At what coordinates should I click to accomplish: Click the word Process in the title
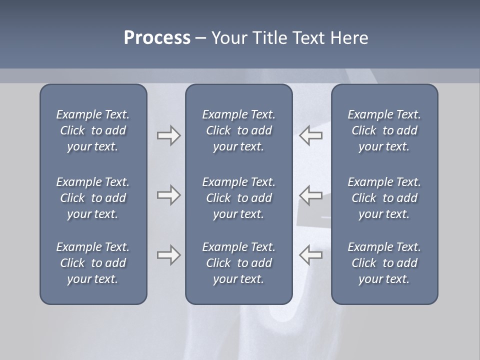coord(157,38)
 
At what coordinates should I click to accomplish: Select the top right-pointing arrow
coord(168,135)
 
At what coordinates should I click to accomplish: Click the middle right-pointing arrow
coord(168,195)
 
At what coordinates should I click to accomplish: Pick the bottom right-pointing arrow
coord(168,255)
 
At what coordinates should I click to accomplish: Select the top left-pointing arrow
coord(311,135)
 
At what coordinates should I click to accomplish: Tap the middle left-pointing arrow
coord(311,195)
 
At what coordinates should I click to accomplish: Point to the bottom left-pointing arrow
coord(311,255)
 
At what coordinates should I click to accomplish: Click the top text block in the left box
coord(93,130)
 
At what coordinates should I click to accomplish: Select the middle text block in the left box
coord(93,198)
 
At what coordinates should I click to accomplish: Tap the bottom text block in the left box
coord(93,263)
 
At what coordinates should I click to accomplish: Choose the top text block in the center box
coord(238,130)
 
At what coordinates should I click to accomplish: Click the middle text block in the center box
coord(238,198)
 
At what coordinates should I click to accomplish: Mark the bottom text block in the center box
coord(238,263)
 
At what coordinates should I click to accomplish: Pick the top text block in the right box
coord(384,130)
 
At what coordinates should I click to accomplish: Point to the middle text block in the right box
coord(384,198)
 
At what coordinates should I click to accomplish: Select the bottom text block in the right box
coord(384,263)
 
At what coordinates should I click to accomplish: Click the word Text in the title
coord(308,38)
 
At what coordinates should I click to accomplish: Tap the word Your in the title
coord(227,38)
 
